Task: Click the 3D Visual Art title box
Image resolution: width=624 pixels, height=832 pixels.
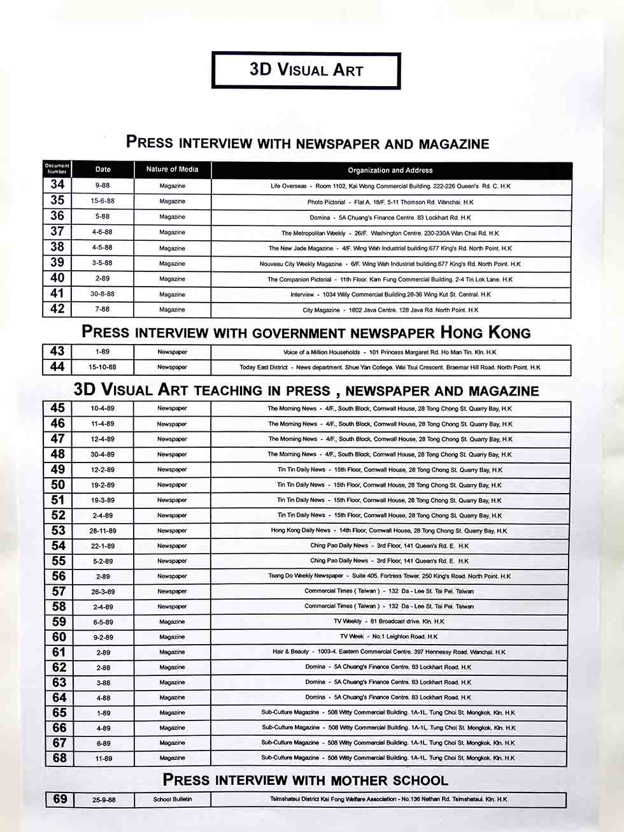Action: click(x=306, y=70)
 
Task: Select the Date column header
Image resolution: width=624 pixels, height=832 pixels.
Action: click(x=103, y=169)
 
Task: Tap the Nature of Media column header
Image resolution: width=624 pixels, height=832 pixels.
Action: click(x=172, y=169)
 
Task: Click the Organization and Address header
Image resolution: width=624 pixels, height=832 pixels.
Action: click(x=390, y=170)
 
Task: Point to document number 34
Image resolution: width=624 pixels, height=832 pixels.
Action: click(x=57, y=185)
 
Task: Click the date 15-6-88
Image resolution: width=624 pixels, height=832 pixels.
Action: click(x=103, y=201)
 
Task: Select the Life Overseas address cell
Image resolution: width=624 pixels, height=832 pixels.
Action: click(x=390, y=186)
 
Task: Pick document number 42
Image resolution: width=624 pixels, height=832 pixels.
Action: click(x=57, y=309)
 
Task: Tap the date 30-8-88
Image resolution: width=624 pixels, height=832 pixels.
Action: click(x=103, y=294)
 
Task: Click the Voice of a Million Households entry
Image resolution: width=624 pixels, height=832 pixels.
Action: click(x=390, y=352)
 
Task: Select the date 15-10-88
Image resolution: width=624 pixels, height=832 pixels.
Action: click(x=103, y=368)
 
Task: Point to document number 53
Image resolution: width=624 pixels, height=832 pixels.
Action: click(x=58, y=530)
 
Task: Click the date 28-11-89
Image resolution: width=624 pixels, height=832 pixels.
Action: click(x=103, y=531)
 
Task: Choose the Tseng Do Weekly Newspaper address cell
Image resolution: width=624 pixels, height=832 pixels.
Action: click(x=390, y=577)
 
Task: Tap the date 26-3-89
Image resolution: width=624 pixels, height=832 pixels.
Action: click(x=103, y=592)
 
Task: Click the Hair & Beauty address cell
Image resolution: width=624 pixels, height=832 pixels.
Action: click(x=390, y=652)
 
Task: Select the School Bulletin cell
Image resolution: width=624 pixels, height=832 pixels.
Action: click(x=172, y=800)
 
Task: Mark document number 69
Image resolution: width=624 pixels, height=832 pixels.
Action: click(x=60, y=799)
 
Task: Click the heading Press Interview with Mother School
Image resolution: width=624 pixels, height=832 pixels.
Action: click(x=306, y=780)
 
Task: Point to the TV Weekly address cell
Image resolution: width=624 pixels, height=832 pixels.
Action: click(x=390, y=622)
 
